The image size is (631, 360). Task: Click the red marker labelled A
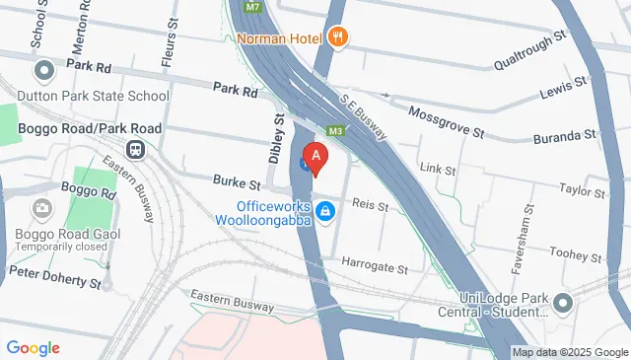(x=315, y=157)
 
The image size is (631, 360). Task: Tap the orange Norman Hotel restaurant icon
(x=338, y=37)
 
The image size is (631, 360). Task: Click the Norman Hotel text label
(x=279, y=38)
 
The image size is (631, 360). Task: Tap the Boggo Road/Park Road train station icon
(x=134, y=150)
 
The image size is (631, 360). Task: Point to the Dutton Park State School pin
(x=43, y=71)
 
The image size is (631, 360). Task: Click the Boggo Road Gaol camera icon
(x=43, y=207)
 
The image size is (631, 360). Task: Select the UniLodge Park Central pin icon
(x=564, y=302)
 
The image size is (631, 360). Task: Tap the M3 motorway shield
(x=336, y=129)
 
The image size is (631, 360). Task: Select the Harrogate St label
(x=375, y=266)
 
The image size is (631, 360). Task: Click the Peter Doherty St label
(x=54, y=275)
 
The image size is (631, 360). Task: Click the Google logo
(x=33, y=347)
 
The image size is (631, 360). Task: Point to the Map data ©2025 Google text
(x=570, y=352)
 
